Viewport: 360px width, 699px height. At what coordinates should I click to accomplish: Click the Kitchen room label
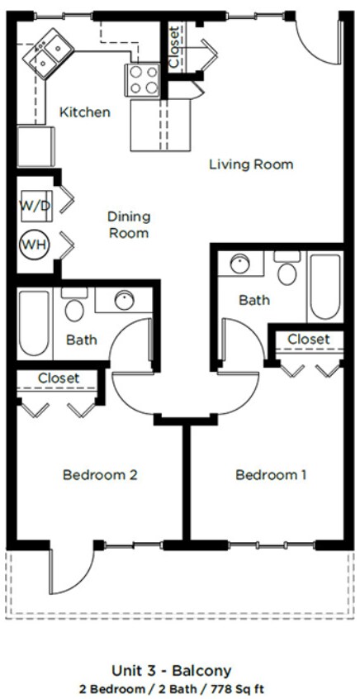pyautogui.click(x=84, y=112)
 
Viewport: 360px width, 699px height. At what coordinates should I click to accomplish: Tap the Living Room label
pyautogui.click(x=250, y=164)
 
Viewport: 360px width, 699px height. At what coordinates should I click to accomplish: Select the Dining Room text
pyautogui.click(x=129, y=225)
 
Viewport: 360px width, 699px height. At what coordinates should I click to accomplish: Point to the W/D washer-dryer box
pyautogui.click(x=35, y=206)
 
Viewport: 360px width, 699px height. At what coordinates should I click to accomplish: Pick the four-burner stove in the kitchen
pyautogui.click(x=143, y=80)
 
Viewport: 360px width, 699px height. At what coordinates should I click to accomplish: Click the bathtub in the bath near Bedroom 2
pyautogui.click(x=34, y=323)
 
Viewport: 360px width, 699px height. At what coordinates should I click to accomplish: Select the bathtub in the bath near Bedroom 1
pyautogui.click(x=324, y=288)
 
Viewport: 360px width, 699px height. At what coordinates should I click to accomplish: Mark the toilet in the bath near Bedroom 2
pyautogui.click(x=74, y=307)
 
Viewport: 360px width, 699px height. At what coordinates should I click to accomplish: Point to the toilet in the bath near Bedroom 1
pyautogui.click(x=287, y=269)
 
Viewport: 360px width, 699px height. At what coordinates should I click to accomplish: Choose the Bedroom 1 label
pyautogui.click(x=271, y=475)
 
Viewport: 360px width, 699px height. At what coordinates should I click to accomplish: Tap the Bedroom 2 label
pyautogui.click(x=99, y=475)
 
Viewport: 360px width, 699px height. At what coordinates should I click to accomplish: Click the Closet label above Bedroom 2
pyautogui.click(x=59, y=378)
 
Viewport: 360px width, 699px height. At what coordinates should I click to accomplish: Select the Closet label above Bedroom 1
pyautogui.click(x=308, y=339)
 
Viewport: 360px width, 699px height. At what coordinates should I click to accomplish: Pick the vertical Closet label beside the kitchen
pyautogui.click(x=173, y=47)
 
